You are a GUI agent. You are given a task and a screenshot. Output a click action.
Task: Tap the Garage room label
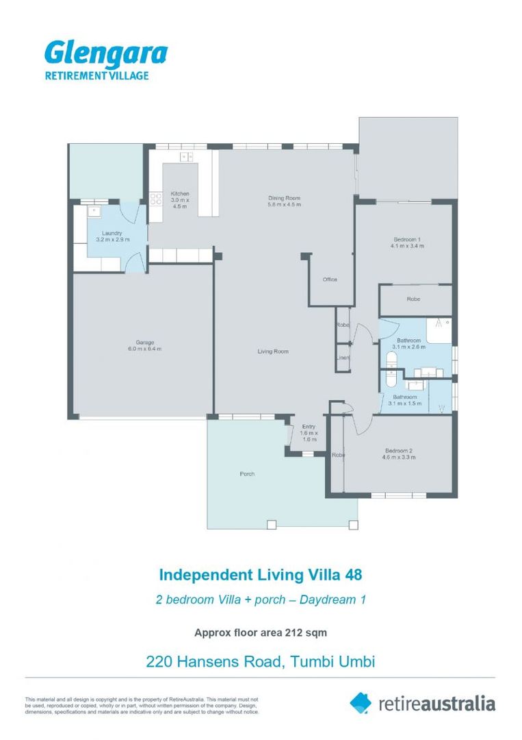click(144, 342)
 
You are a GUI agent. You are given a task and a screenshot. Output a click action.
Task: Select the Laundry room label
click(112, 233)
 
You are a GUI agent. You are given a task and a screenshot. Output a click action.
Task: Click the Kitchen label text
click(180, 194)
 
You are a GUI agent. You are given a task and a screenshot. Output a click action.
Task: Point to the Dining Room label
click(284, 199)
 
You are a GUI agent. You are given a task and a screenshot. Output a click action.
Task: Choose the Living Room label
click(273, 351)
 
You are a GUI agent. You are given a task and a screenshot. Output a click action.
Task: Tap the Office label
click(330, 280)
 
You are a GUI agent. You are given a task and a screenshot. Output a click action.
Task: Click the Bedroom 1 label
click(406, 239)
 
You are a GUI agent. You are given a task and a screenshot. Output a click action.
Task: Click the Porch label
click(247, 473)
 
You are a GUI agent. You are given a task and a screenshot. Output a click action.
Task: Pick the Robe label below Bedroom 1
click(413, 299)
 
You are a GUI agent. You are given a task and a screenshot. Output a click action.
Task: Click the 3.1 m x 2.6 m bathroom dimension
click(408, 347)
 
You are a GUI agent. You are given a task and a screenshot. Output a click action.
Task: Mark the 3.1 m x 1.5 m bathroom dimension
click(404, 404)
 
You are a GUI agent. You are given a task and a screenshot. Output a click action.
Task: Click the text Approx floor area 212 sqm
click(265, 632)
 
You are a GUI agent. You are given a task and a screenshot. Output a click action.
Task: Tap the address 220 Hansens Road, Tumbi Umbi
click(261, 662)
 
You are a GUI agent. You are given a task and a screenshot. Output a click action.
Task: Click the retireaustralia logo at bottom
click(422, 704)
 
